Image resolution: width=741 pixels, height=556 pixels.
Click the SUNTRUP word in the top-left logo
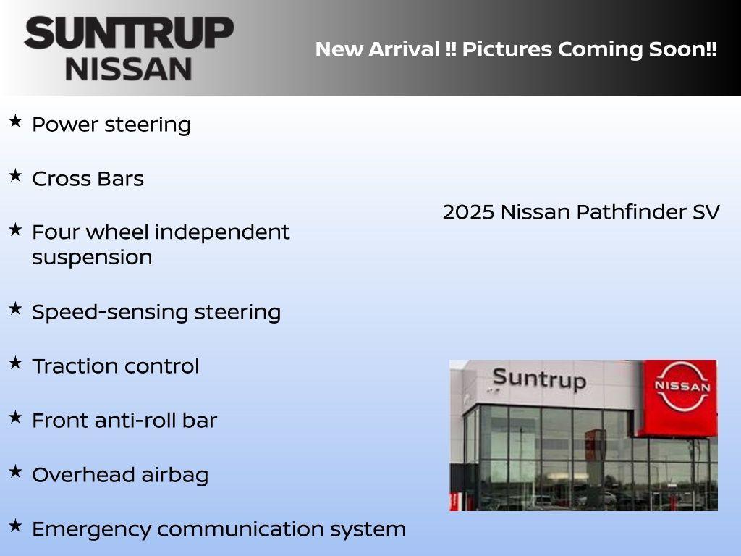click(x=129, y=33)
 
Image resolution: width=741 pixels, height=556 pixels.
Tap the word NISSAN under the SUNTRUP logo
click(x=129, y=69)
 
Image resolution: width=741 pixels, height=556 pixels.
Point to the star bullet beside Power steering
click(x=15, y=122)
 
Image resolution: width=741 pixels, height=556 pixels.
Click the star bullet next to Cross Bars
click(x=15, y=176)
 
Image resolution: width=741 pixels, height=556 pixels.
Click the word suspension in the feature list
click(x=92, y=258)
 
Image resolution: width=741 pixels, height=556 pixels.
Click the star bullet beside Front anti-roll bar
click(x=15, y=417)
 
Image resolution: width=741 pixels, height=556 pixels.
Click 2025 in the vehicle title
click(x=468, y=212)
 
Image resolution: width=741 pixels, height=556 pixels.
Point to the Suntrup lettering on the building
click(x=538, y=379)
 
